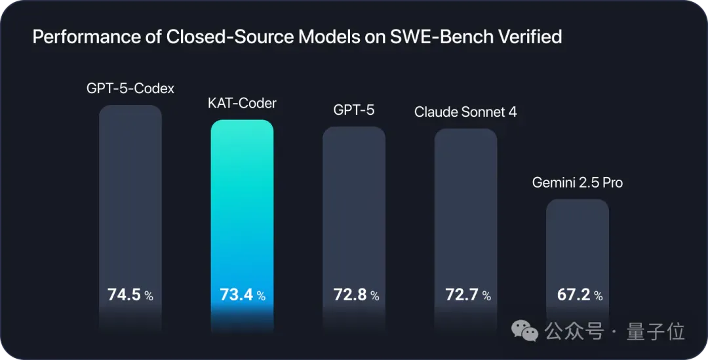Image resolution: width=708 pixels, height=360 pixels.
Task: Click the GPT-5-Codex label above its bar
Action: point(130,88)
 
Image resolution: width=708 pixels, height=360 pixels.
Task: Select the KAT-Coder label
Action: point(242,104)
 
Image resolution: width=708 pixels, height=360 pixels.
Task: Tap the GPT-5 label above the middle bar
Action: point(353,110)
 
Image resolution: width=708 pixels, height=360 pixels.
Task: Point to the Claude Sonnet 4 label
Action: point(465,112)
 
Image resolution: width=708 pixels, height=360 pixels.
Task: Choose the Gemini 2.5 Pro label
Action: point(577,183)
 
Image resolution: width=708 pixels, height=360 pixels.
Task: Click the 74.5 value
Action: point(124,295)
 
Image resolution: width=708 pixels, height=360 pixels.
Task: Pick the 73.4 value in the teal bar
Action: point(236,295)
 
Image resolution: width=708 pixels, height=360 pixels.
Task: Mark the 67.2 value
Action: point(574,295)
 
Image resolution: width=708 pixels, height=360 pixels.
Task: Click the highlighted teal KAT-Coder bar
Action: point(242,226)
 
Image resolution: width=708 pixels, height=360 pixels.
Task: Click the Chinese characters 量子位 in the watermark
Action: point(656,332)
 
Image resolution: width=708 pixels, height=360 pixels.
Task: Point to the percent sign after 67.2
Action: point(599,296)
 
